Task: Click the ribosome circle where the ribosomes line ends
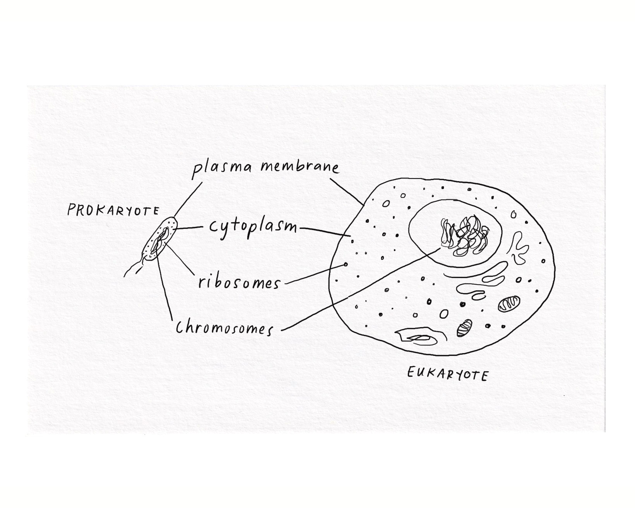345,265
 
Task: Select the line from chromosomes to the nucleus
360,290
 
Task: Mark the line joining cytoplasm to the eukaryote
325,232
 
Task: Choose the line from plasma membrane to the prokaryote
188,200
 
